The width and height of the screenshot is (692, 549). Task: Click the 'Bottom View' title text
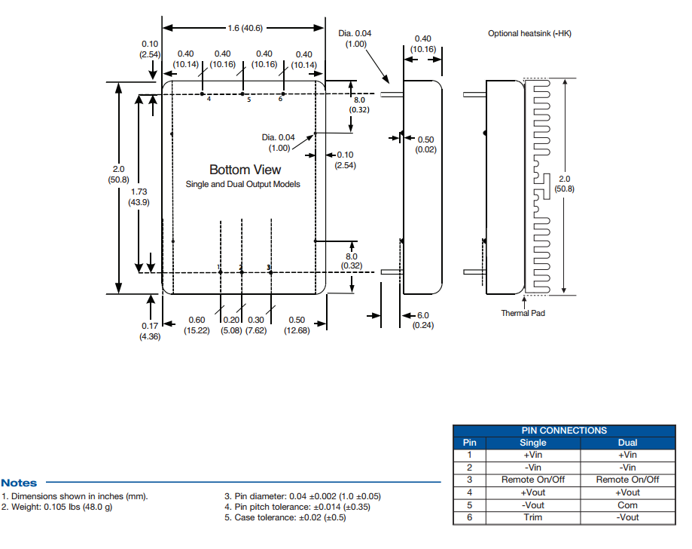(245, 170)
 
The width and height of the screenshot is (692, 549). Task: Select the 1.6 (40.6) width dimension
(245, 28)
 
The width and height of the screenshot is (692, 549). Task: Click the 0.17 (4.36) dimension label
(147, 331)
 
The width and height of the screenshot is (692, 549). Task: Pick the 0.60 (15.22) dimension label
(197, 325)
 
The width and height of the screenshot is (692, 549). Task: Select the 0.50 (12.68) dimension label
(297, 325)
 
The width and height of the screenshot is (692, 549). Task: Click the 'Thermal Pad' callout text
(523, 313)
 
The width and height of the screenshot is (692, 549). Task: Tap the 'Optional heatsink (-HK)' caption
(524, 33)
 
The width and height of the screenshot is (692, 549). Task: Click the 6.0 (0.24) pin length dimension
(423, 320)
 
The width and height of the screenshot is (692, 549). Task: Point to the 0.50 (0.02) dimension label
(425, 145)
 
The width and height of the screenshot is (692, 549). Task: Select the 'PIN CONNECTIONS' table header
(563, 431)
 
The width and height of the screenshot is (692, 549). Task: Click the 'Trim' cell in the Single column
(533, 517)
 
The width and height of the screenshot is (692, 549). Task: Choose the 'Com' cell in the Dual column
(627, 505)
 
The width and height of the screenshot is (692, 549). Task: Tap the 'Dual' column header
(627, 443)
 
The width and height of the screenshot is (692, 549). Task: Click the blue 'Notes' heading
(19, 483)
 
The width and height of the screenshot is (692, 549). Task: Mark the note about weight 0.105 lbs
(57, 507)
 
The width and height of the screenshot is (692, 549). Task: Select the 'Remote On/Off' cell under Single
(533, 480)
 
